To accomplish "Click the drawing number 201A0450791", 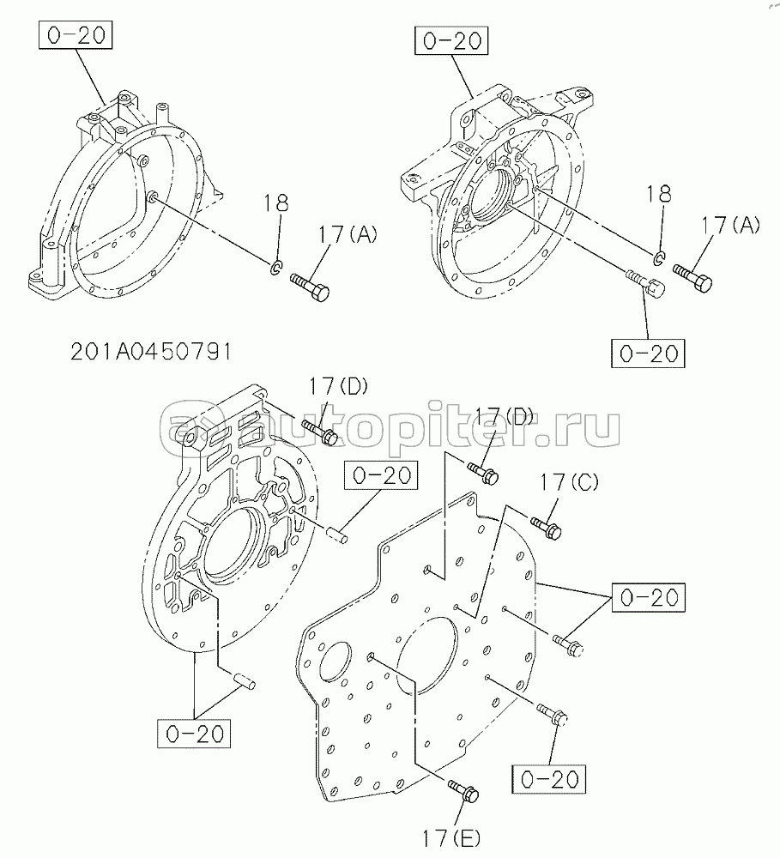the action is coord(151,352).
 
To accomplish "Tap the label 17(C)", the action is coord(569,482).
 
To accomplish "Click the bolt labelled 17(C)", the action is coord(545,527).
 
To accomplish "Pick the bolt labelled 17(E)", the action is coord(463,790).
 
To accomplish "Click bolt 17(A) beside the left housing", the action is coord(310,287).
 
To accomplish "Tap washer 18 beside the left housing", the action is coord(277,267).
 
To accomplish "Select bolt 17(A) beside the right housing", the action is coord(693,278).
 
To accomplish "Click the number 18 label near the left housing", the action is coord(275,203).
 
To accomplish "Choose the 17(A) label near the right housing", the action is coord(731,225).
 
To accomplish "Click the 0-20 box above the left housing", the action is coord(76,35).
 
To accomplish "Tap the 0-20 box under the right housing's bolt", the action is coord(648,353).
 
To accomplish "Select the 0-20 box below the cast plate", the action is coord(194,734).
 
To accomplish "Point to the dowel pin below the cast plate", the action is coord(244,682).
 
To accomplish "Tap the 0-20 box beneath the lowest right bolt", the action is coord(548,779).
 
